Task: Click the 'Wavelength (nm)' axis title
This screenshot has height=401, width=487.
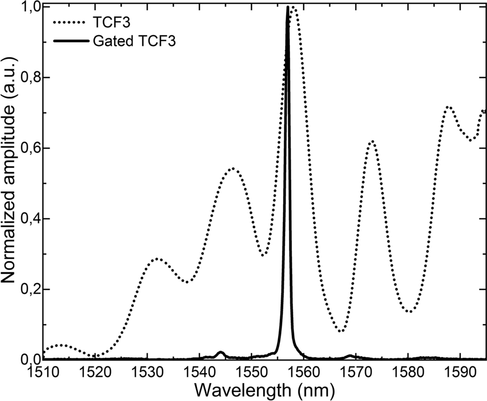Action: [x=264, y=390]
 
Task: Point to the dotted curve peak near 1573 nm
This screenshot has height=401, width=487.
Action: [x=372, y=142]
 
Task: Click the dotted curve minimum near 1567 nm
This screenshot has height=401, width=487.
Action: [x=341, y=331]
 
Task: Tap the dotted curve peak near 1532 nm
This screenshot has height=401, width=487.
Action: [x=157, y=259]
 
